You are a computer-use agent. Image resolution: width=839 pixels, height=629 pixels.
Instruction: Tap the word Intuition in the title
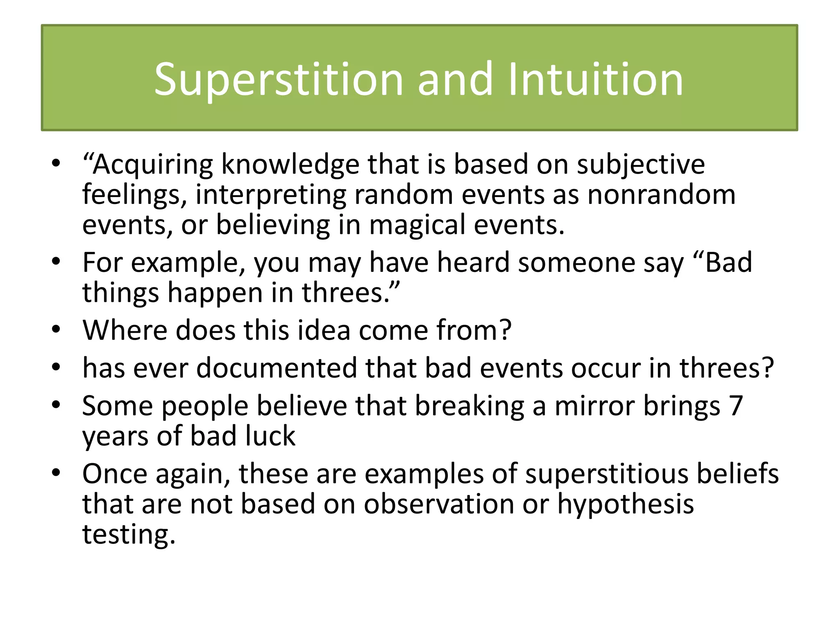tap(596, 79)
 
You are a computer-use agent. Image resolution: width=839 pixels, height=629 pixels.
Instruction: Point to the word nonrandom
tap(661, 195)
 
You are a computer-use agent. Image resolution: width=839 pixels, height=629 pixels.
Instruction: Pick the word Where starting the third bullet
tap(125, 330)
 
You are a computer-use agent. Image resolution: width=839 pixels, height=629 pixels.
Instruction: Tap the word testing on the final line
tap(129, 534)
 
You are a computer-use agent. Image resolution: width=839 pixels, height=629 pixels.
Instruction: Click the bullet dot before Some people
tap(56, 405)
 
